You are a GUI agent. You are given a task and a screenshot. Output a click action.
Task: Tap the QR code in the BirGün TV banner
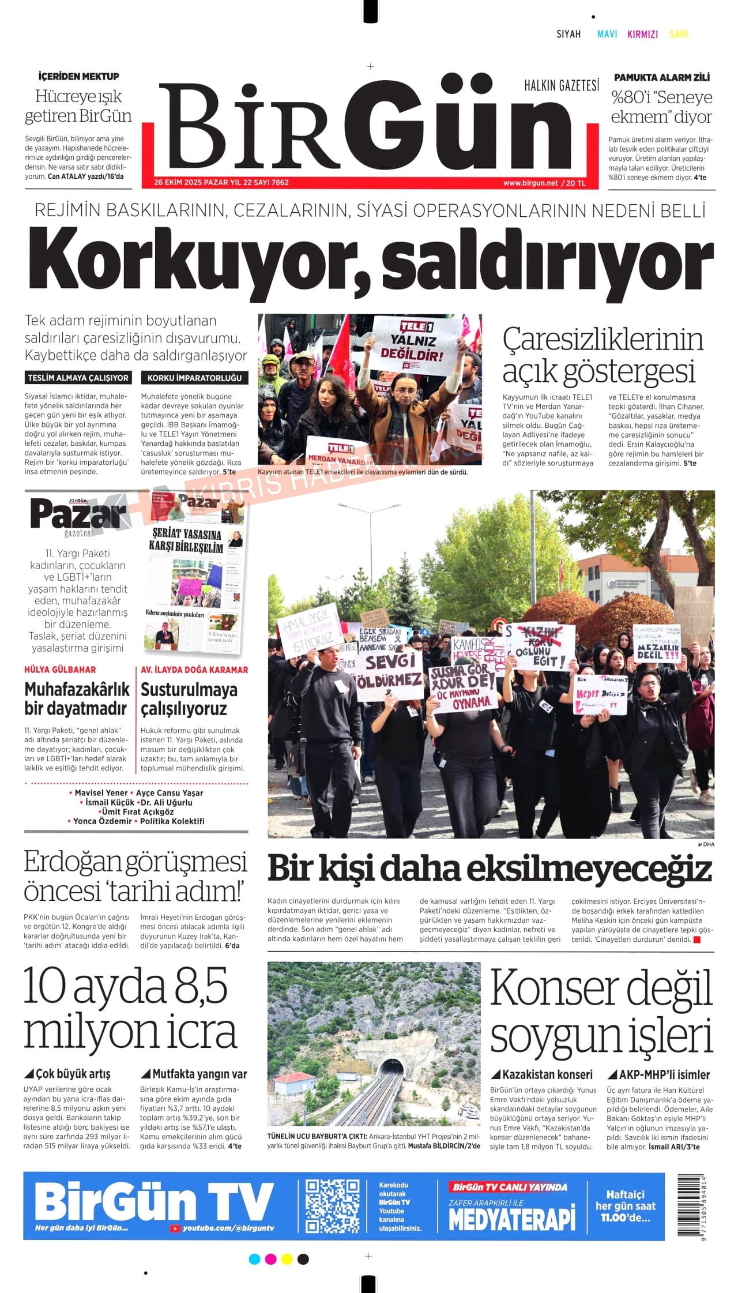pyautogui.click(x=332, y=1205)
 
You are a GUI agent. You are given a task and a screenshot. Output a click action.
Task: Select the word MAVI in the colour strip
pyautogui.click(x=607, y=34)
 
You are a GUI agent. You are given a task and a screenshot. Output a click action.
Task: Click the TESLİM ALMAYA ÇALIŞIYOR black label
pyautogui.click(x=78, y=378)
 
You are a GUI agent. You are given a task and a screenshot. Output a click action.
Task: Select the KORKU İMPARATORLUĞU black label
pyautogui.click(x=194, y=378)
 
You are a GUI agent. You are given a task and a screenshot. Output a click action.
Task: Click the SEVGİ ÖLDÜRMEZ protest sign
pyautogui.click(x=390, y=671)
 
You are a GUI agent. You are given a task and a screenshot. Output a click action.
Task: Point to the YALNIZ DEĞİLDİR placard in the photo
pyautogui.click(x=416, y=344)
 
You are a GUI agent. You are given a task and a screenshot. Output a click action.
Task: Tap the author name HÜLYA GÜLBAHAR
pyautogui.click(x=61, y=670)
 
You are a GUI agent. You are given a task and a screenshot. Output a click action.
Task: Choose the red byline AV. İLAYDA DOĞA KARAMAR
pyautogui.click(x=194, y=670)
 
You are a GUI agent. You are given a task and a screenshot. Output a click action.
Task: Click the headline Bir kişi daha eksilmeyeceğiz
pyautogui.click(x=490, y=869)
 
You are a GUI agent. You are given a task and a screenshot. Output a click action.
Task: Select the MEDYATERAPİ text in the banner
pyautogui.click(x=512, y=1219)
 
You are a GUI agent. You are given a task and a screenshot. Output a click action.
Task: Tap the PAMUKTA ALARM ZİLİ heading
pyautogui.click(x=661, y=77)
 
